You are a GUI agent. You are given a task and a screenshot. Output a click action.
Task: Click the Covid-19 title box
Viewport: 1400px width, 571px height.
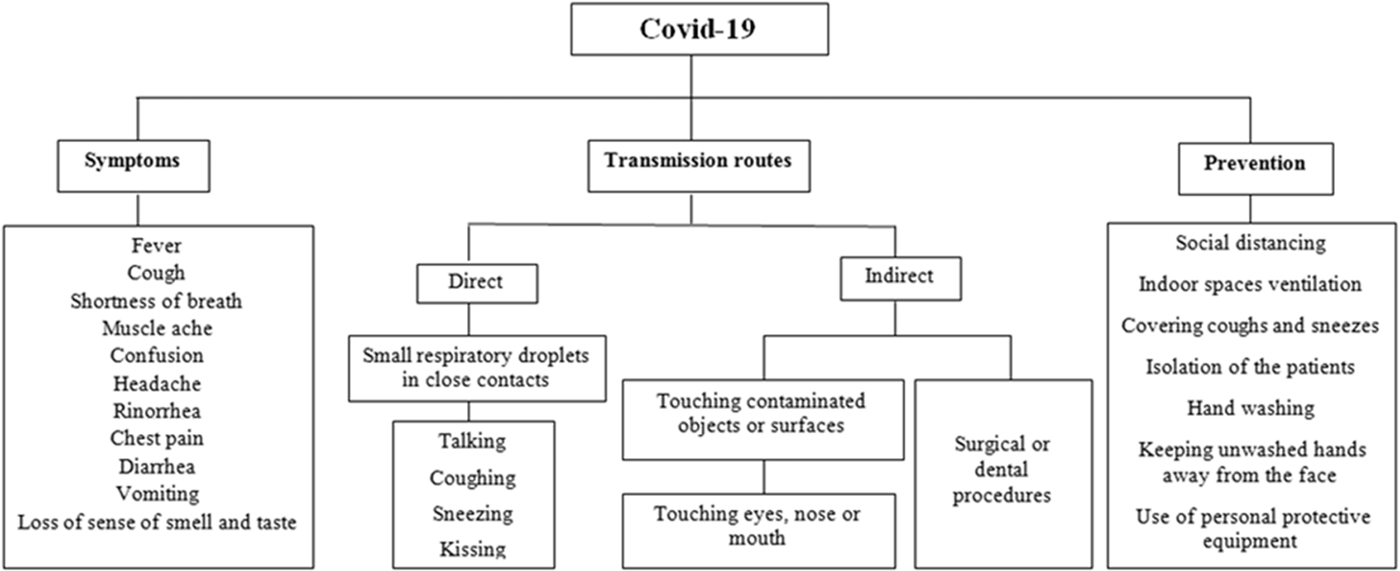pos(700,29)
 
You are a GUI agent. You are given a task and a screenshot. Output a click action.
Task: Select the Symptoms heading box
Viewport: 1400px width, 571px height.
pos(134,166)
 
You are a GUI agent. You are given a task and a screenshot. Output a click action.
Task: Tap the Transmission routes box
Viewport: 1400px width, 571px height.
pos(699,166)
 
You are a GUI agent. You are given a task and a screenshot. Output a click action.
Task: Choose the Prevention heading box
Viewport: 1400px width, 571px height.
pos(1255,168)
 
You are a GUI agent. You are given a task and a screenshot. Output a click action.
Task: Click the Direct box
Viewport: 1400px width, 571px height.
pos(477,283)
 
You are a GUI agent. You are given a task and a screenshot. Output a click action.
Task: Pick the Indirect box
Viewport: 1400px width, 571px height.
pos(901,279)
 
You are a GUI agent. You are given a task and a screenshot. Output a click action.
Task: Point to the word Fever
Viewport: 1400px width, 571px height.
pos(157,246)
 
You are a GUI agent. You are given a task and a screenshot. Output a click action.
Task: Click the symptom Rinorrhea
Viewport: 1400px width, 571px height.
pos(157,411)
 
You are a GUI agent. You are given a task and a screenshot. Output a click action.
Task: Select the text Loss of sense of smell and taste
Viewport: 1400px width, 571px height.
pos(157,522)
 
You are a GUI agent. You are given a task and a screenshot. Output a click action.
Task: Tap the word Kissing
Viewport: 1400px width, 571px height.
pos(473,549)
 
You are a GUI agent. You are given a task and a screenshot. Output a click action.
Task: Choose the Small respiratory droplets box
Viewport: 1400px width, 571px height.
pos(477,368)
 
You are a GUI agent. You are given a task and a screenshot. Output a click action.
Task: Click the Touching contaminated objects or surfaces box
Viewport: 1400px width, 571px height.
pos(763,420)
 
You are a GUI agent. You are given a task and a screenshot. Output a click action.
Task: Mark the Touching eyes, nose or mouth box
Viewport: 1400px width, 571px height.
pos(759,531)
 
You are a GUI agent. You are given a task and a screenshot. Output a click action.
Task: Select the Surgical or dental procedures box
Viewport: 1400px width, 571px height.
pos(1003,474)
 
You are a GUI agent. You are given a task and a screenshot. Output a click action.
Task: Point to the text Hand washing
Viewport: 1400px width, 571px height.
pos(1251,408)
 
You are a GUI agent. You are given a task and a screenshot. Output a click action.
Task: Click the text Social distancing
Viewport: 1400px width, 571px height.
pos(1251,243)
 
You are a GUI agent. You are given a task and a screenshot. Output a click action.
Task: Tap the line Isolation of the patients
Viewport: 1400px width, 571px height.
pos(1251,367)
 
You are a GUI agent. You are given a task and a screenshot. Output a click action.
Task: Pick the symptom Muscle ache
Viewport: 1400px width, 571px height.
pos(157,328)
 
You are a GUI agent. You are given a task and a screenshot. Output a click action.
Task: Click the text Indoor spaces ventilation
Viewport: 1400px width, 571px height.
pos(1251,284)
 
